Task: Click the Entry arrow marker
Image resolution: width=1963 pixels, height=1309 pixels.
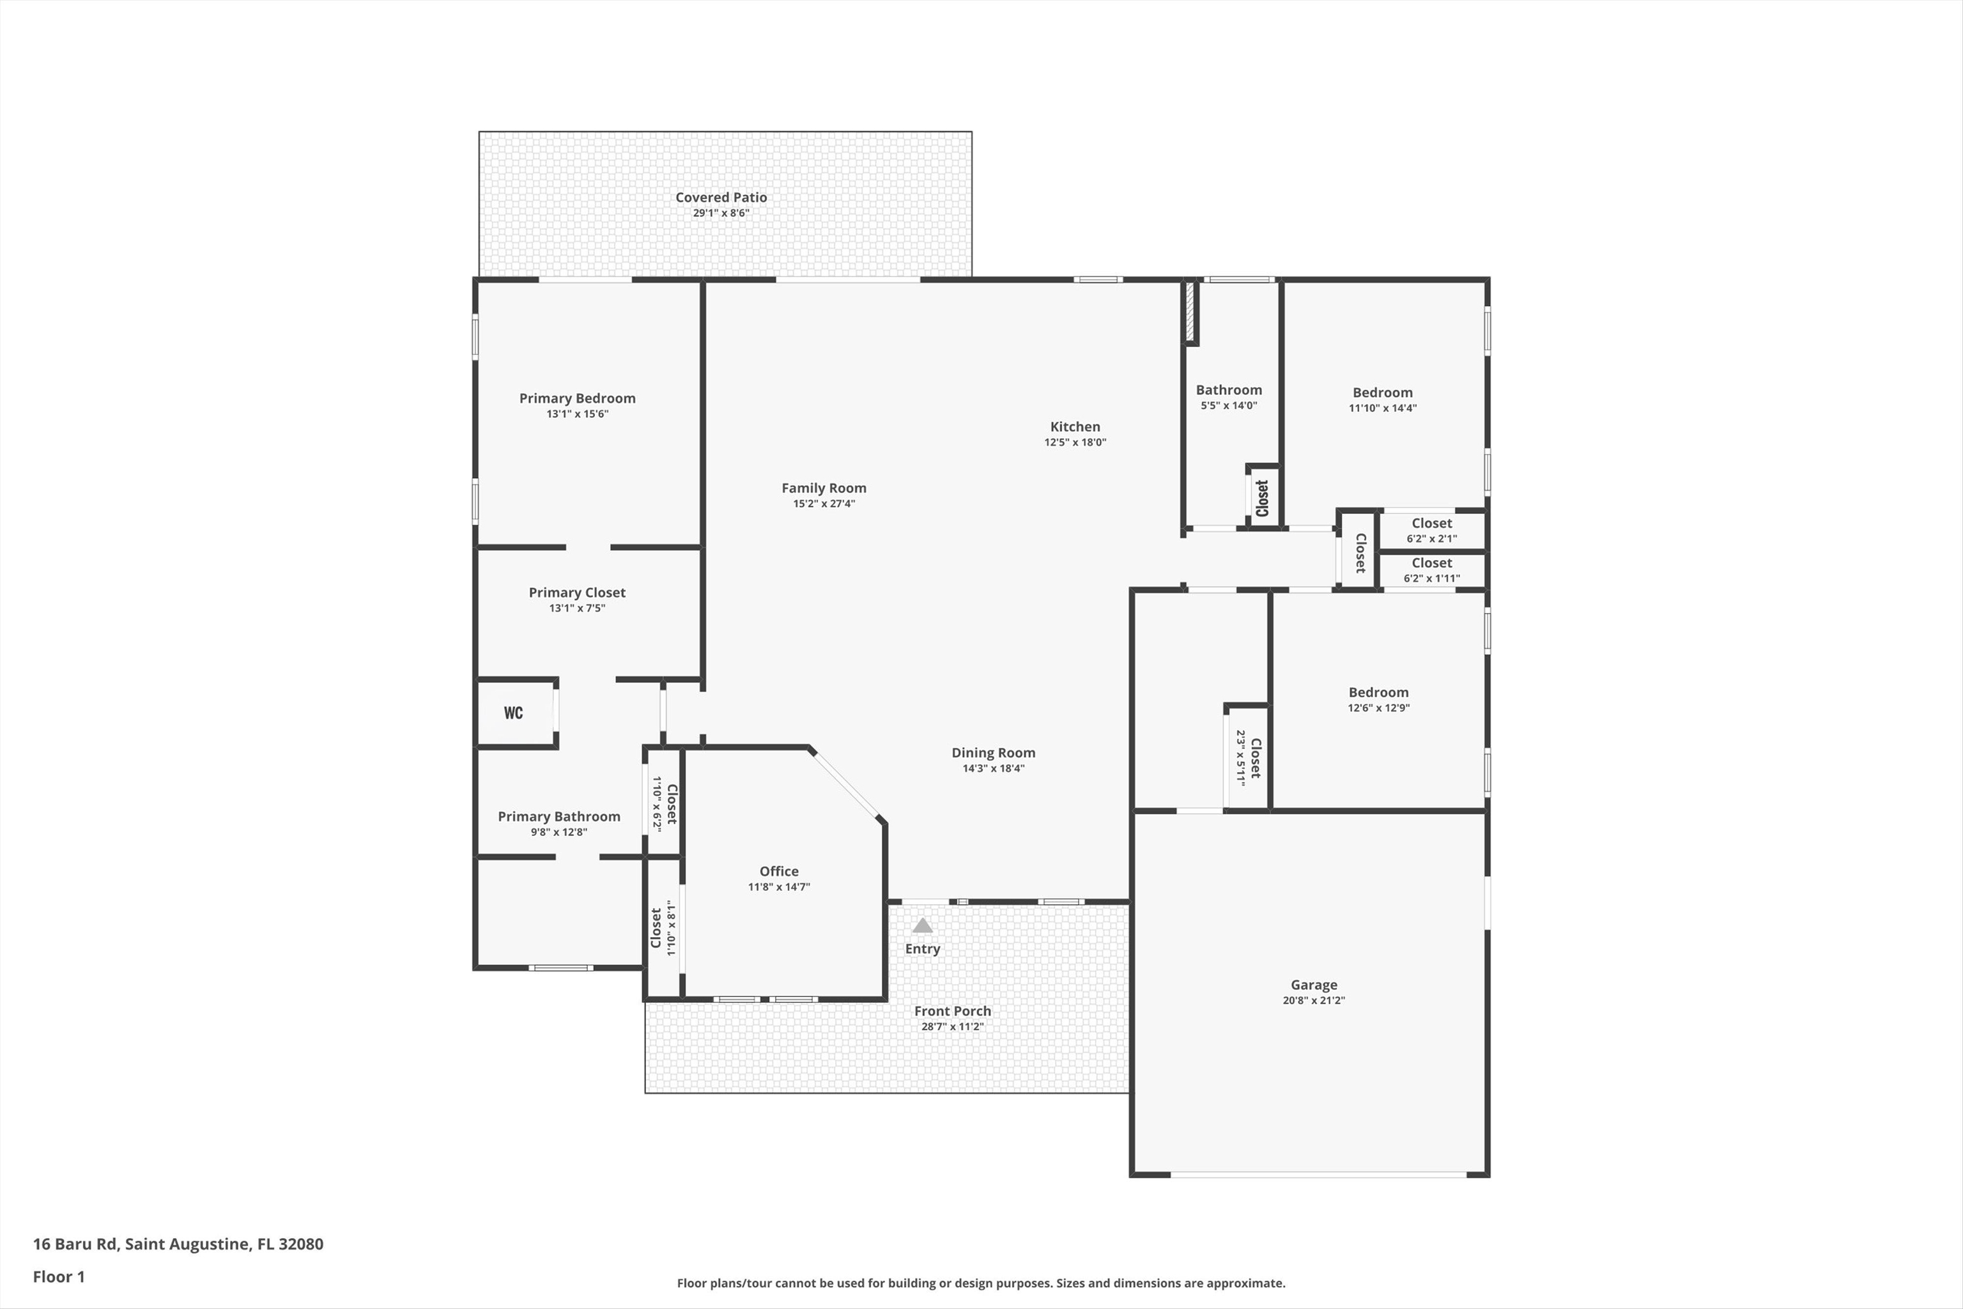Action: point(922,925)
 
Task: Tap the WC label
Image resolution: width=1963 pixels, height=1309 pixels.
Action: point(513,713)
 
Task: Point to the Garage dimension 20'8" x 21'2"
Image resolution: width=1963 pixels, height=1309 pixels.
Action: point(1314,1000)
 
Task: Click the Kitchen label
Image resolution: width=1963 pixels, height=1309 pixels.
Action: point(1075,426)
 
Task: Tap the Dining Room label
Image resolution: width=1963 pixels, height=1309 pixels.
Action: point(993,753)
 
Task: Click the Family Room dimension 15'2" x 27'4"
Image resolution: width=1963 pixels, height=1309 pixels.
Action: point(824,504)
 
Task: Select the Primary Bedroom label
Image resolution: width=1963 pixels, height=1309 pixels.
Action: point(578,398)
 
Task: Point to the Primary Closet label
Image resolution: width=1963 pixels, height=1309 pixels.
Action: point(577,593)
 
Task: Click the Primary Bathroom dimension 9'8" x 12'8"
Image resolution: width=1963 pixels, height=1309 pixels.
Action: point(559,832)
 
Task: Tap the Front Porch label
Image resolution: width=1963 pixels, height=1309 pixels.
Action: point(952,1011)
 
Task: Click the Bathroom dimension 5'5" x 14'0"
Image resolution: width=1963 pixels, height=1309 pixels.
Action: point(1229,406)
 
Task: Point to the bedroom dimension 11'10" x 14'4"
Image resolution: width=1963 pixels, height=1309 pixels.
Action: point(1383,408)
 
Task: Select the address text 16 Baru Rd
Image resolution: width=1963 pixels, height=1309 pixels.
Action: point(75,1244)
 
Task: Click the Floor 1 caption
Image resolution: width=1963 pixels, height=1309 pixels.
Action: point(58,1276)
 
